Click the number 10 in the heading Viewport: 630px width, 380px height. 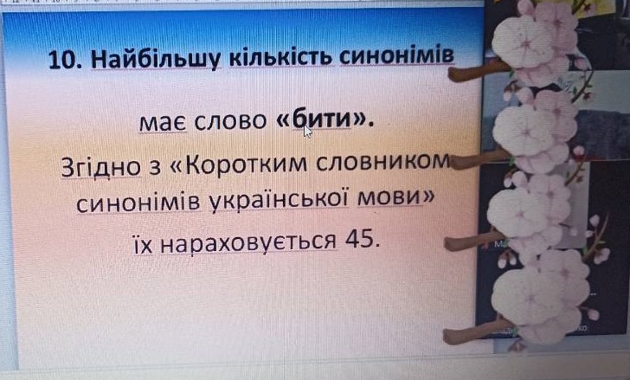[x=62, y=60]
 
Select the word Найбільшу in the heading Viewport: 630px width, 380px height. [x=157, y=60]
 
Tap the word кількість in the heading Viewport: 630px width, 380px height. [x=281, y=57]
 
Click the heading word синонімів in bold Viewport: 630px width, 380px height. [x=397, y=55]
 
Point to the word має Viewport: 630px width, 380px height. [x=163, y=123]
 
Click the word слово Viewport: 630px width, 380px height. [x=230, y=121]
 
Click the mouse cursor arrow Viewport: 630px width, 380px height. [x=307, y=131]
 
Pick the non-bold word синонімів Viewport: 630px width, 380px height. [x=138, y=203]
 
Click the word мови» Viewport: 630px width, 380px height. [x=395, y=198]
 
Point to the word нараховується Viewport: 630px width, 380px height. [x=247, y=242]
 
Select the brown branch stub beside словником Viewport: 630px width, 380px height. [x=476, y=161]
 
